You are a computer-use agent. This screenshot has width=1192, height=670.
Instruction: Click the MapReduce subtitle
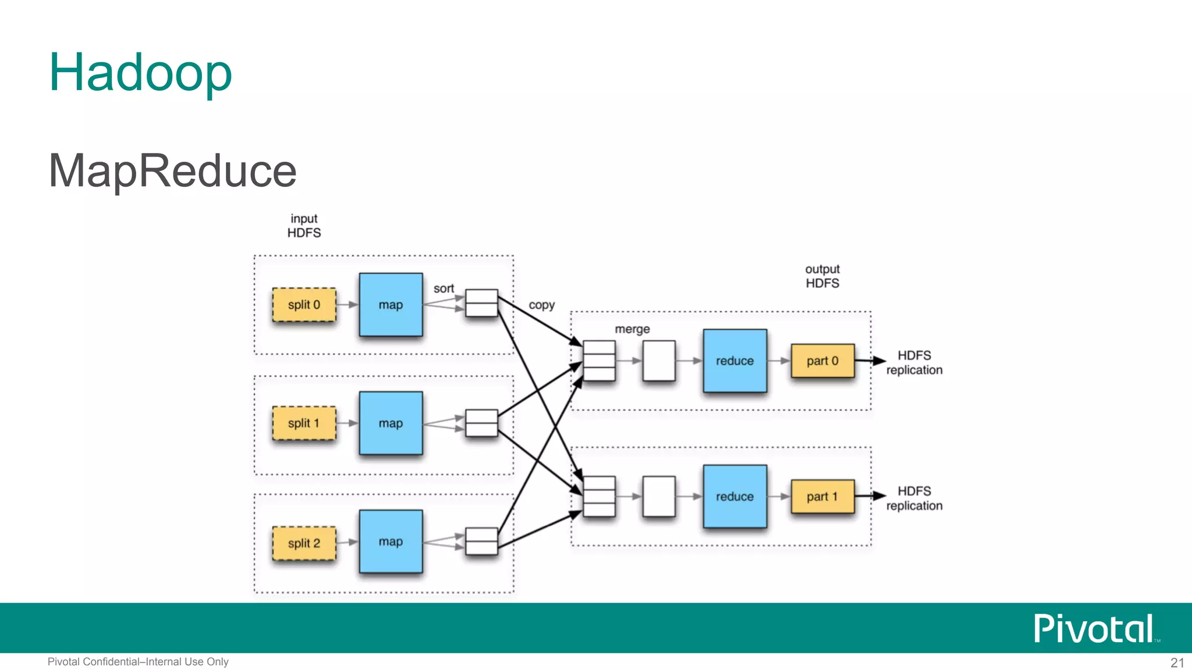point(172,170)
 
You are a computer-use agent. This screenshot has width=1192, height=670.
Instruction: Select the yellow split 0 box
point(304,305)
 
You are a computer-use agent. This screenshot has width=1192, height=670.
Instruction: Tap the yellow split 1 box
point(304,423)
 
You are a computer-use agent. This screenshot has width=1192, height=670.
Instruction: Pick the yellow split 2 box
point(304,543)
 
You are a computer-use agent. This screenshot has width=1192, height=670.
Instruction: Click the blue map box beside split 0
point(391,305)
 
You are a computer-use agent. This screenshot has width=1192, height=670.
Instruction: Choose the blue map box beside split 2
point(391,541)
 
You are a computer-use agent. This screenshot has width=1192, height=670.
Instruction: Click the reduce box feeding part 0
point(735,361)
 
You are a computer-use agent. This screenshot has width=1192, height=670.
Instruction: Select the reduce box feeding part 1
point(735,497)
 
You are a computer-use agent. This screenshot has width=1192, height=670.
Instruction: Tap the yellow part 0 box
point(822,361)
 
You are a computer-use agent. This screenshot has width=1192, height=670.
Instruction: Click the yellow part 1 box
point(822,497)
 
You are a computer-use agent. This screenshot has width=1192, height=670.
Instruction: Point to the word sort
point(444,288)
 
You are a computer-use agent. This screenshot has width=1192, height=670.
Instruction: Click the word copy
point(541,305)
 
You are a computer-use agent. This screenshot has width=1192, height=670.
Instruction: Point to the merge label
point(632,329)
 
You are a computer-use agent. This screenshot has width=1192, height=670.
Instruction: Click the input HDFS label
point(304,226)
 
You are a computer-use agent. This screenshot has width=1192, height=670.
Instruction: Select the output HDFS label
point(822,276)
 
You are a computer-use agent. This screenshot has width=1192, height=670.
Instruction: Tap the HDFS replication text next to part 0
point(914,362)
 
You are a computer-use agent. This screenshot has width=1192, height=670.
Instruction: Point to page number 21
point(1177,662)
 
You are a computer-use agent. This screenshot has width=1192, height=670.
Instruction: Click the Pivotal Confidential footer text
point(138,662)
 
